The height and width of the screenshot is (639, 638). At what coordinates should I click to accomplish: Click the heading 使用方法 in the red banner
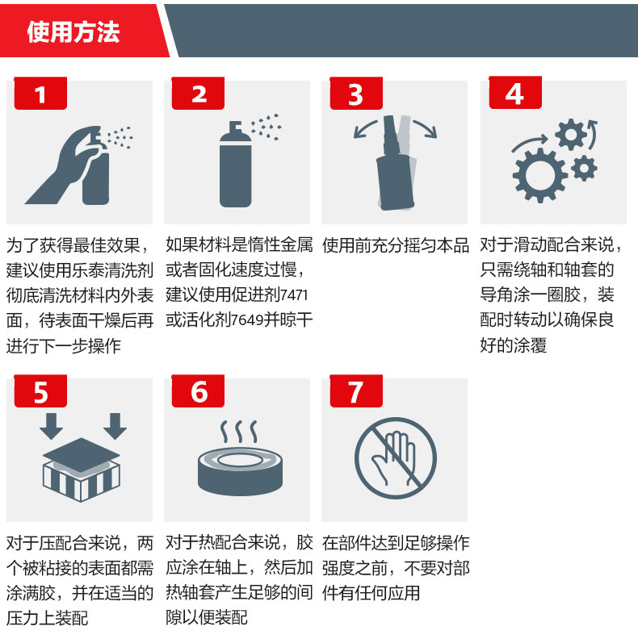(x=73, y=31)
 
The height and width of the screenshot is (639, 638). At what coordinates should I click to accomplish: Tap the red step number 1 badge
(x=40, y=94)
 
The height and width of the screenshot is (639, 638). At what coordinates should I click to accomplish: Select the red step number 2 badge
(x=198, y=94)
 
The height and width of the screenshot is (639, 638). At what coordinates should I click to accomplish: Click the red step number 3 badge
(x=356, y=94)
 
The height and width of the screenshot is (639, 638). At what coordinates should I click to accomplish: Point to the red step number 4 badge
(x=515, y=93)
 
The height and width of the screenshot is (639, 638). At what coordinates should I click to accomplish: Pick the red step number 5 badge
(x=40, y=390)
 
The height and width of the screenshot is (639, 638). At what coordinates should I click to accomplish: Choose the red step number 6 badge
(x=198, y=390)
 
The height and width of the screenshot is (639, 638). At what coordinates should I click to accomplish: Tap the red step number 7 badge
(x=356, y=390)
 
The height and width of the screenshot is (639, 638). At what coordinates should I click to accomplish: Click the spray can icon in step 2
(x=235, y=165)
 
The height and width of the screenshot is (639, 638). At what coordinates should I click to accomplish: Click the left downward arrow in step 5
(x=52, y=426)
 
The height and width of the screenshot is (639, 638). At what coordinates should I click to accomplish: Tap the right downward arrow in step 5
(x=115, y=426)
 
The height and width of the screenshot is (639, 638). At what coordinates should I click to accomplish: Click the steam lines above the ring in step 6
(x=239, y=432)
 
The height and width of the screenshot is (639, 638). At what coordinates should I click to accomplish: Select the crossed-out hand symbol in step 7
(x=395, y=458)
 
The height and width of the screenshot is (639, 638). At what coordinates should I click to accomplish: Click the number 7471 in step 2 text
(x=294, y=295)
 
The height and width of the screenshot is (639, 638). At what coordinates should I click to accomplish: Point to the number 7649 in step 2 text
(x=247, y=320)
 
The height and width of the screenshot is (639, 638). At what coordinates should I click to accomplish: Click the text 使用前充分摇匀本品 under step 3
(x=395, y=245)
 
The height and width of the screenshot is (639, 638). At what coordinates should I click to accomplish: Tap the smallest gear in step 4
(x=585, y=168)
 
